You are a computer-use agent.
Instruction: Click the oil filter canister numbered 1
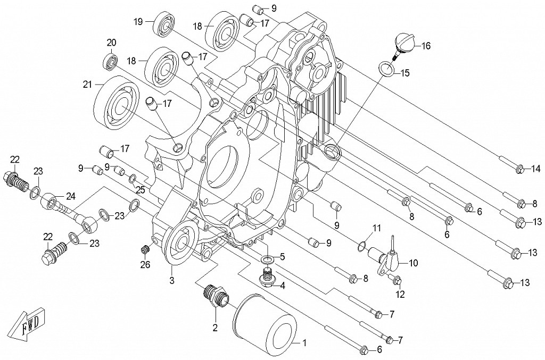click(264, 329)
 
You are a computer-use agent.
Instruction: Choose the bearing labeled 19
click(164, 26)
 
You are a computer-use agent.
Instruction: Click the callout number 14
click(535, 170)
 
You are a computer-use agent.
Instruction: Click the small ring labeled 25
click(133, 178)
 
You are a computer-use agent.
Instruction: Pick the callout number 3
click(172, 280)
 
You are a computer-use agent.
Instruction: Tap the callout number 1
click(305, 343)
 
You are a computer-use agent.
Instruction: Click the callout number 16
click(426, 46)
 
